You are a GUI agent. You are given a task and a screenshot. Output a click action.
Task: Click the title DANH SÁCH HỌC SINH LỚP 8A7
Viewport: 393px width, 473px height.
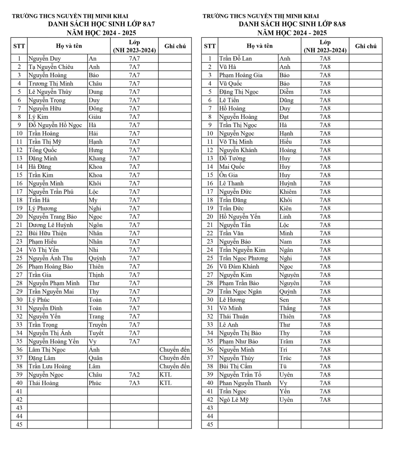[x=101, y=24]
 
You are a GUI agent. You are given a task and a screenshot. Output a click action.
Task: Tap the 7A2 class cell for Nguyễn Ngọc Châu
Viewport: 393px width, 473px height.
[x=134, y=375]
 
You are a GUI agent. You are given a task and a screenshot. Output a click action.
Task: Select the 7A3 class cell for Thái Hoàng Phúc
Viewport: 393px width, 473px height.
[x=134, y=383]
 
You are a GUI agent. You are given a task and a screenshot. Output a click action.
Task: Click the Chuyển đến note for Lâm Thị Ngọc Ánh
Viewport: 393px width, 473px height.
[x=174, y=350]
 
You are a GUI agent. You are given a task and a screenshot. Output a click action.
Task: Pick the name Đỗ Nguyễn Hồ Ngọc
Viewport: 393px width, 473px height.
[x=55, y=125]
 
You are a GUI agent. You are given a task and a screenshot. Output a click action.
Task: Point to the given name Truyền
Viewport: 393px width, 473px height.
[x=97, y=325]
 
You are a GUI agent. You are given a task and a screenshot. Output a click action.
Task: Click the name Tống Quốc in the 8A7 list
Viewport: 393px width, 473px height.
[x=43, y=150]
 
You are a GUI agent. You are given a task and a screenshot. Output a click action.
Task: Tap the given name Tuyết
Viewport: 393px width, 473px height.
[x=96, y=333]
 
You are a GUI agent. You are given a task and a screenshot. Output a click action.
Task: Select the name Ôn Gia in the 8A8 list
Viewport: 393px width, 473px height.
[x=228, y=175]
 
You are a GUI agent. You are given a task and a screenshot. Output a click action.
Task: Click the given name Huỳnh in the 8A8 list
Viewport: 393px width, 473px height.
[x=288, y=184]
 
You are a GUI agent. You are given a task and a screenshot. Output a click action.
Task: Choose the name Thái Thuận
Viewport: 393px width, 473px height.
[x=234, y=317]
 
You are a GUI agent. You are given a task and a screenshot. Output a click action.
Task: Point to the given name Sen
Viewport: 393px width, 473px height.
[x=284, y=300]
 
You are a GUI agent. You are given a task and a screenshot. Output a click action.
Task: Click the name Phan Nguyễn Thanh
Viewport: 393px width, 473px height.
[x=245, y=383]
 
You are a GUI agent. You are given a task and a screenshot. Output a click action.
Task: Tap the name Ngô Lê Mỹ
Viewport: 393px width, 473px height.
[x=234, y=400]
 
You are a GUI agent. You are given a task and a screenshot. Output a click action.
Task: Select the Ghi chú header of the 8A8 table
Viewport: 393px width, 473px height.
[x=366, y=46]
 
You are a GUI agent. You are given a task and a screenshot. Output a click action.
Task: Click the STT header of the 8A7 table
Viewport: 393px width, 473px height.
[x=19, y=46]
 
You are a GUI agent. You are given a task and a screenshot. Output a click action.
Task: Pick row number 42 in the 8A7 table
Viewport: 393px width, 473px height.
[x=19, y=400]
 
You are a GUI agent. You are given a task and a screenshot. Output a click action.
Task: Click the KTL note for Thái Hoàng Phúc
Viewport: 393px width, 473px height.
[x=166, y=383]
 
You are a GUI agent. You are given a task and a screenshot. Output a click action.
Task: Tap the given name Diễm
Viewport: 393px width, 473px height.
[x=286, y=92]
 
